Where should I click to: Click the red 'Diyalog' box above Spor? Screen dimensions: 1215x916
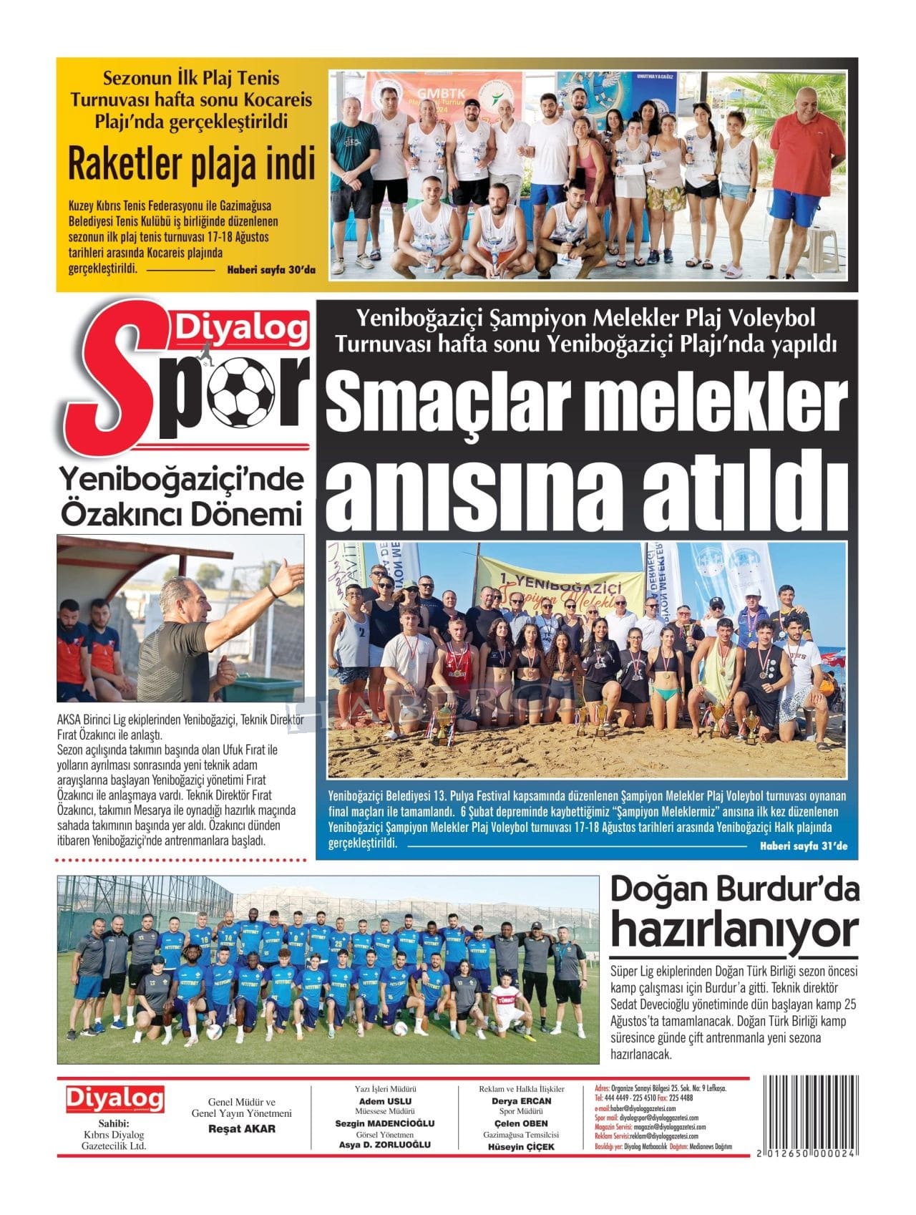point(239,329)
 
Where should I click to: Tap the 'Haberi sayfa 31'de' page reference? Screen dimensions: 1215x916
point(803,846)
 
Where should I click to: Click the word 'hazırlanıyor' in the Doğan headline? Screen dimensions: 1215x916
point(734,931)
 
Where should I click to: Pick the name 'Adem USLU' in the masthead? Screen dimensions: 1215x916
point(385,1101)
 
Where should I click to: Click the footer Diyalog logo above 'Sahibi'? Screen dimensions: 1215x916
point(114,1098)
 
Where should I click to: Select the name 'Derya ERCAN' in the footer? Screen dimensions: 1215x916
point(521,1101)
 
